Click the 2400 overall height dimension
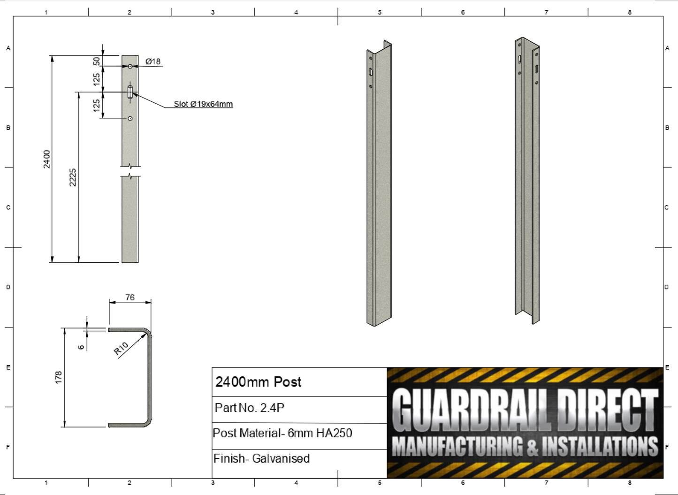(x=46, y=159)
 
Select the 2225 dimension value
(x=73, y=177)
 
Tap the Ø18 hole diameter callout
(x=153, y=61)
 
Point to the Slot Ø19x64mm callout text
(x=203, y=104)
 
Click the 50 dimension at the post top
(x=97, y=61)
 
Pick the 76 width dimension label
(x=130, y=297)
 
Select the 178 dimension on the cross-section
(x=59, y=377)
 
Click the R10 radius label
(x=121, y=349)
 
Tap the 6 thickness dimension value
(x=81, y=347)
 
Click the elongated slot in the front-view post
(x=130, y=92)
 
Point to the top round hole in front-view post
(x=130, y=67)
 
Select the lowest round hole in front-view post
(x=130, y=118)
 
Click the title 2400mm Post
(x=259, y=382)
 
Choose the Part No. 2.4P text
(x=250, y=408)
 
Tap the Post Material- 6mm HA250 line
(x=282, y=433)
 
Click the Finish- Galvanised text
(x=261, y=458)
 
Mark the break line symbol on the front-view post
(x=130, y=171)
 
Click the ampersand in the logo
(x=532, y=447)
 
